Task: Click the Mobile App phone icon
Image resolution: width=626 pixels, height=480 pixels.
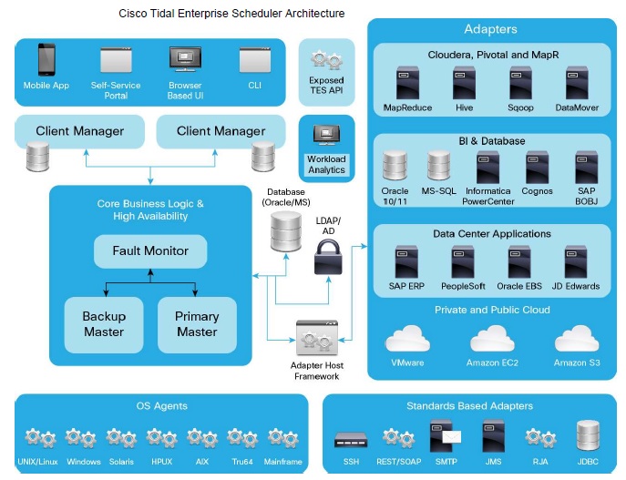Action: (47, 60)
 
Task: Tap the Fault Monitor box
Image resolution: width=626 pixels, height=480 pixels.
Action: (150, 250)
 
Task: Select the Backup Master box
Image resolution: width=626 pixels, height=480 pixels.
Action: (104, 323)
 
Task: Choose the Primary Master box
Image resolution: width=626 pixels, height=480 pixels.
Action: (197, 323)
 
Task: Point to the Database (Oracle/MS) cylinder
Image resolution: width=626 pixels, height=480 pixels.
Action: (284, 232)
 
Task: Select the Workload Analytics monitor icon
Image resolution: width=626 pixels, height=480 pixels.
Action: (326, 137)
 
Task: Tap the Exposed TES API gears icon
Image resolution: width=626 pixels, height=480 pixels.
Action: (326, 61)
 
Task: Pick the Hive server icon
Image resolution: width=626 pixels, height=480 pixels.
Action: (465, 83)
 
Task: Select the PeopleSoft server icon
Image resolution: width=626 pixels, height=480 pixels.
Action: (463, 262)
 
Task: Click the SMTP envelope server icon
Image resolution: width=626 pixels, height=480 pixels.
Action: (446, 435)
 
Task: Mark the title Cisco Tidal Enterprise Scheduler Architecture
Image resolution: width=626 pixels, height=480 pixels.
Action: (232, 14)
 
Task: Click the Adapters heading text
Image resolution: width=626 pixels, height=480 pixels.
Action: (490, 29)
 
